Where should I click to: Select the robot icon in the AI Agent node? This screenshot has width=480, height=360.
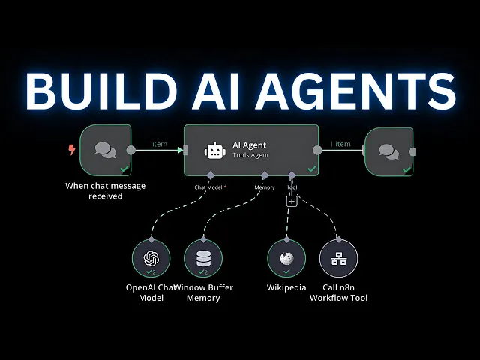[214, 151]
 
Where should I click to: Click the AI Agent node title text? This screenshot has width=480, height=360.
[250, 145]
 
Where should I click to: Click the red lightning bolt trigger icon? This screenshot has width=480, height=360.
[72, 150]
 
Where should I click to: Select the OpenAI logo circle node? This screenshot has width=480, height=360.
[151, 259]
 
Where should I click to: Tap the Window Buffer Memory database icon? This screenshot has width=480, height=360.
[203, 259]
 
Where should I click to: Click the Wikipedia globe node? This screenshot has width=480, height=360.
[286, 259]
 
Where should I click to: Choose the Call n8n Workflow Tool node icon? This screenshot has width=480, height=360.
[339, 259]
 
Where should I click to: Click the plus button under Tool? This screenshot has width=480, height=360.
[292, 201]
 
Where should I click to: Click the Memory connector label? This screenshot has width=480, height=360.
[265, 187]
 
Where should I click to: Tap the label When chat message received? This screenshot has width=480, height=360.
[105, 191]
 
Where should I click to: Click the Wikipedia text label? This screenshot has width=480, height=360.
[286, 287]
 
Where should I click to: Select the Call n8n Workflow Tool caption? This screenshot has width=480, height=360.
[339, 292]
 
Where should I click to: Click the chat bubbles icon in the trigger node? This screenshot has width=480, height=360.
[106, 150]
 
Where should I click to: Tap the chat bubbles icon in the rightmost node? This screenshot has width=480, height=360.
[388, 151]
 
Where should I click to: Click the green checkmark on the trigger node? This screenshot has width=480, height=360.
[124, 170]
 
